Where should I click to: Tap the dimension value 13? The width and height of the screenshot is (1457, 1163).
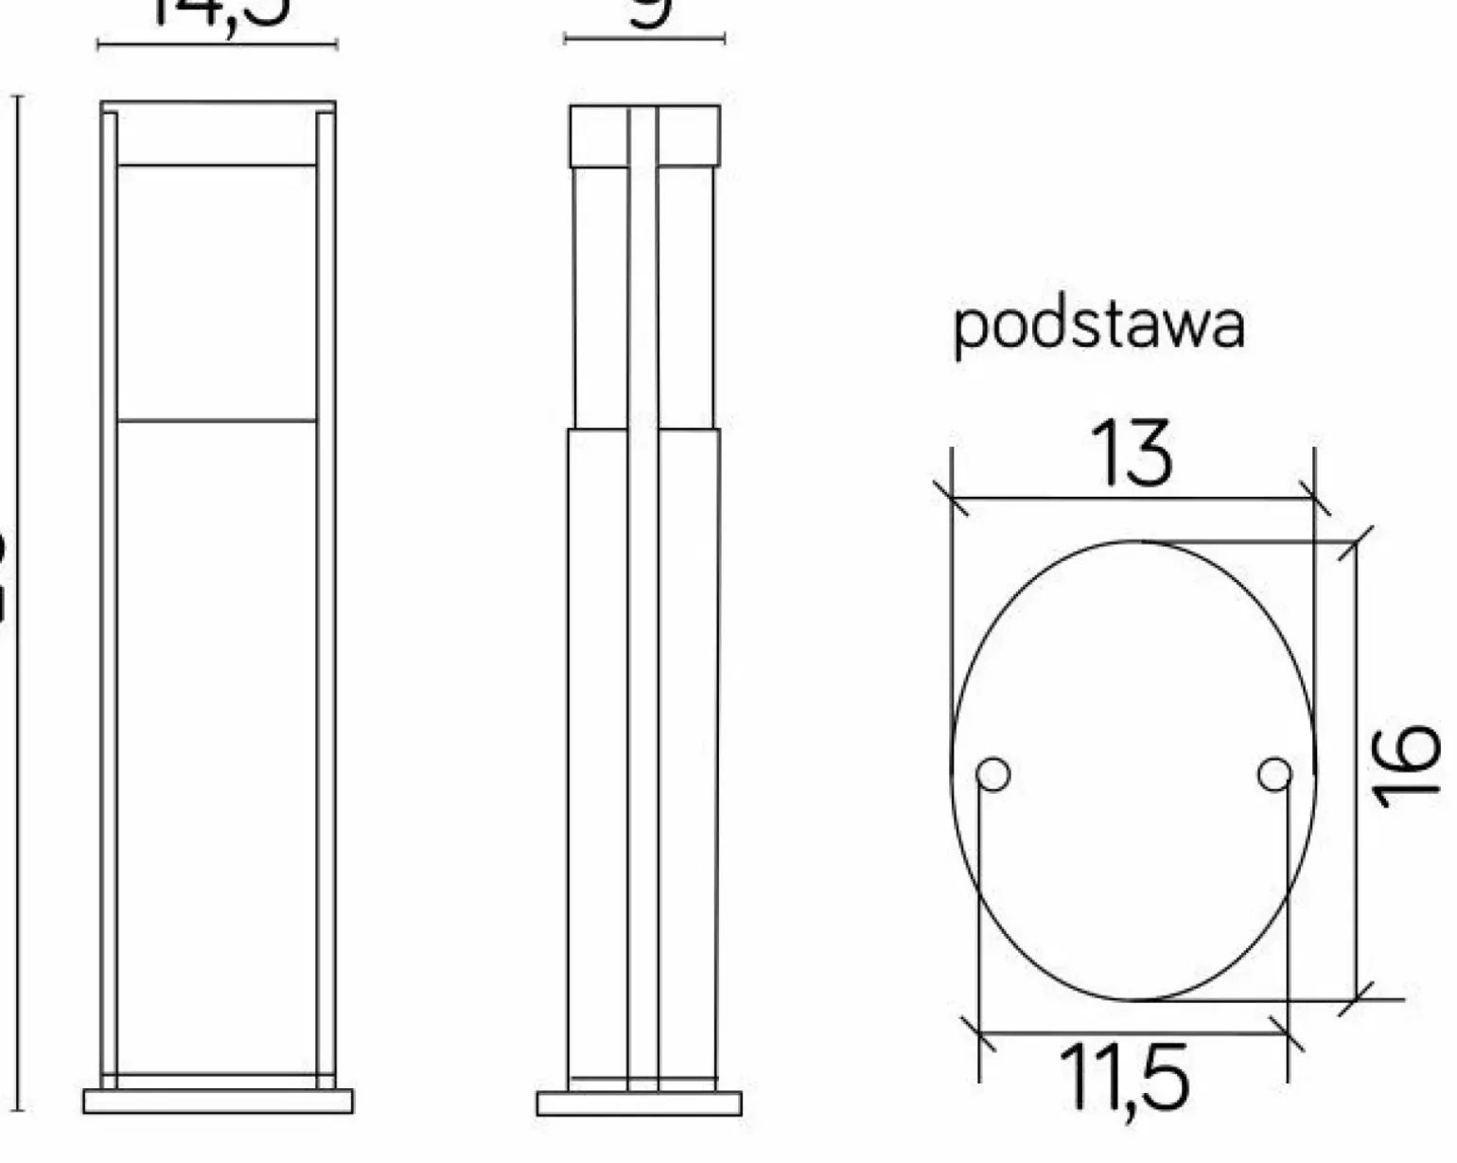tap(1132, 454)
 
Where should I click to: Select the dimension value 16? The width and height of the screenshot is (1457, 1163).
tap(1407, 767)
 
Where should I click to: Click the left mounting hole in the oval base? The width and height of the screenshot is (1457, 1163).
tap(992, 774)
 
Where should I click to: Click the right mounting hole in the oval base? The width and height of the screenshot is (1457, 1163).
tap(1274, 774)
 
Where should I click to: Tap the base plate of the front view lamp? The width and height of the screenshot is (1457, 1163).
tap(218, 1101)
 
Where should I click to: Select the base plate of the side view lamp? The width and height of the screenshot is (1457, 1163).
tap(640, 1103)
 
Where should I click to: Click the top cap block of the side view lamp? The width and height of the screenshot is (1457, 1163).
tap(644, 136)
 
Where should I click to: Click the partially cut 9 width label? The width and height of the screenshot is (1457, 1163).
tap(651, 11)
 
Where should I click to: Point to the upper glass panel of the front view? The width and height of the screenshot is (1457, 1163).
tap(217, 292)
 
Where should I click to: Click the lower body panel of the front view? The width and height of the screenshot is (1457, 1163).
tap(217, 748)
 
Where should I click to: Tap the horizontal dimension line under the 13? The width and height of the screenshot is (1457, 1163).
tap(1132, 498)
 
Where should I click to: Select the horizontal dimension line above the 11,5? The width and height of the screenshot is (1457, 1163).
tap(1132, 1033)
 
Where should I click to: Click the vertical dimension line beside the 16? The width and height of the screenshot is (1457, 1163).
tap(1358, 767)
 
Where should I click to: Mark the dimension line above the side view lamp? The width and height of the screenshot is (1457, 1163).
tap(644, 39)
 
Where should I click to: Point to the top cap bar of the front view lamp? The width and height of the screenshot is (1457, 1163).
tap(218, 107)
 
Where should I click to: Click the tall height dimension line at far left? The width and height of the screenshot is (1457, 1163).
tap(18, 606)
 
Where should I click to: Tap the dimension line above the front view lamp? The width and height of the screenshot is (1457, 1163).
tap(218, 44)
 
